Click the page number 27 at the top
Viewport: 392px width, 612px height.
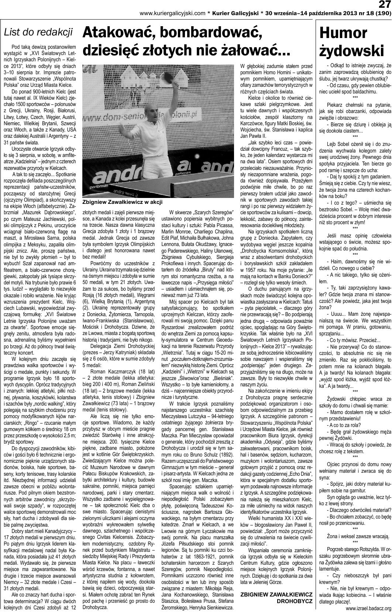tap(384, 5)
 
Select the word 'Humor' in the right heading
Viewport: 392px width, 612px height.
tap(344, 34)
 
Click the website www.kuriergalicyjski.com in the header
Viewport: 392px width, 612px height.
tap(172, 13)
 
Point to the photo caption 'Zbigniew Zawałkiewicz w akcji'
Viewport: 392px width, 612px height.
tap(122, 202)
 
